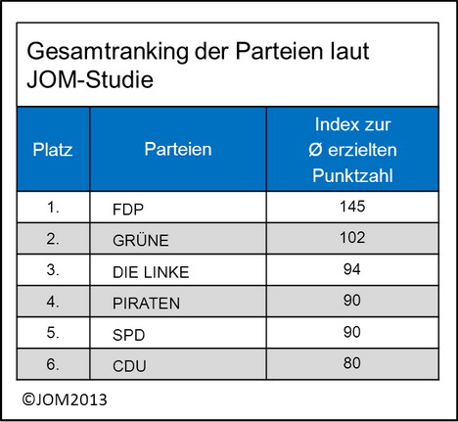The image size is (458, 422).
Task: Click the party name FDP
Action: [x=128, y=210]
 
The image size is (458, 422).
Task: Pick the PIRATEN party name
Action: [x=146, y=304]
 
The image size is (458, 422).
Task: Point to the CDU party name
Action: [x=129, y=366]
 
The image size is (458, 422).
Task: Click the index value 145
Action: [x=352, y=207]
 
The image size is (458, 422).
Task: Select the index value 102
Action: [x=352, y=237]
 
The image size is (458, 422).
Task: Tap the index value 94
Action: [x=352, y=269]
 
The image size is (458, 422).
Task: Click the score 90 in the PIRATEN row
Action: [x=352, y=301]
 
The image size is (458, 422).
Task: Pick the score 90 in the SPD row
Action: [x=352, y=332]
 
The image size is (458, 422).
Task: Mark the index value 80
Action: [x=352, y=363]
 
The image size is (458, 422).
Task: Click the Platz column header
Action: [x=53, y=150]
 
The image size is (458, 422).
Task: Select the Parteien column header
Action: [x=178, y=149]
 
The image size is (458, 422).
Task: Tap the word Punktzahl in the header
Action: [x=352, y=175]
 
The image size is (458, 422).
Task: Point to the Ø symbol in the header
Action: [x=315, y=150]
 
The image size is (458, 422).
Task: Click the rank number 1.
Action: [x=53, y=207]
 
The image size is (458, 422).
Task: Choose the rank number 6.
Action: [x=53, y=363]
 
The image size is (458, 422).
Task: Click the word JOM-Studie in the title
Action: [x=90, y=79]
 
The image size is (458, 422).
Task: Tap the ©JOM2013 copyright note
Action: [x=65, y=399]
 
